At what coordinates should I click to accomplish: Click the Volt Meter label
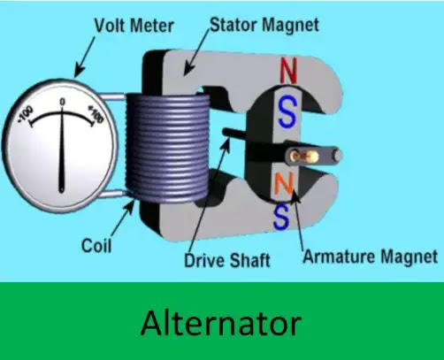[x=134, y=26]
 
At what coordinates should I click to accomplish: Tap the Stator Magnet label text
[x=264, y=26]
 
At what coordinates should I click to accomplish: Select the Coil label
[x=96, y=246]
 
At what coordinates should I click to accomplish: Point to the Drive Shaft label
[x=227, y=260]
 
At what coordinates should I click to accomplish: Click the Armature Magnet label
[x=371, y=257]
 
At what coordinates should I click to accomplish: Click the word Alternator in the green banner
[x=221, y=323]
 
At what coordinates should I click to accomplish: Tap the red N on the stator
[x=288, y=70]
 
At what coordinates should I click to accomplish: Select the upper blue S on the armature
[x=287, y=112]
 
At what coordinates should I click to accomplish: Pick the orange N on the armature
[x=283, y=183]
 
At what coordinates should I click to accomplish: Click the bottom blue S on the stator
[x=281, y=217]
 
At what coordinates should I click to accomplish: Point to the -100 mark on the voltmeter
[x=26, y=115]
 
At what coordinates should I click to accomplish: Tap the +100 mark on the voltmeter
[x=96, y=115]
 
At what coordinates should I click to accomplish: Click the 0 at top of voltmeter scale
[x=62, y=102]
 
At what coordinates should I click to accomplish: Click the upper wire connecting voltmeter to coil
[x=112, y=96]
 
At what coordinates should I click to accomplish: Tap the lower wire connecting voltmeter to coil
[x=113, y=194]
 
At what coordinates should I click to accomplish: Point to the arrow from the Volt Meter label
[x=84, y=57]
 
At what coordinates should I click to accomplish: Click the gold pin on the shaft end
[x=304, y=156]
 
